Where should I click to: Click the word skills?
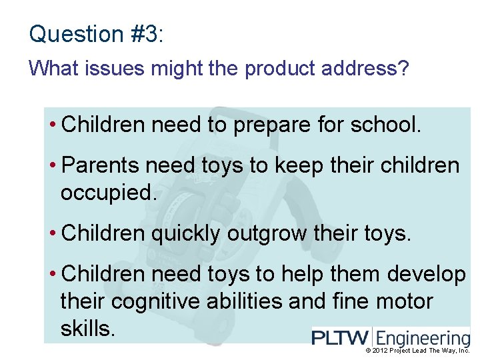[88, 328]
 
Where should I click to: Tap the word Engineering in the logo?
[424, 338]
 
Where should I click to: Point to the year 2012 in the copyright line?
[381, 351]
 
